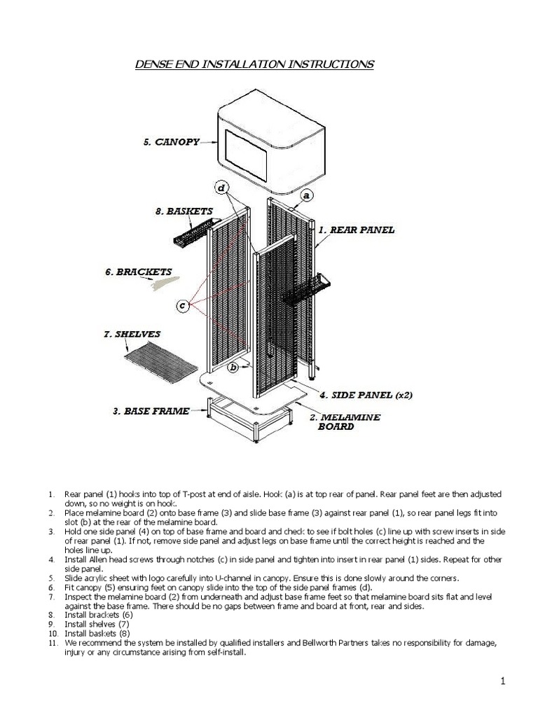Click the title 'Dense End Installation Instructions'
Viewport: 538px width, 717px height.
pos(254,64)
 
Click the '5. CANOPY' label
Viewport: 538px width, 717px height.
pos(171,141)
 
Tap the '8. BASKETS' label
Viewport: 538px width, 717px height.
pos(184,210)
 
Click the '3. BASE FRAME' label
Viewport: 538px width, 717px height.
pos(151,411)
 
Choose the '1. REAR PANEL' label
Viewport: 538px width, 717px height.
pos(356,229)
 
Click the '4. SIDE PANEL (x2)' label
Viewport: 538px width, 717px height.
pos(366,395)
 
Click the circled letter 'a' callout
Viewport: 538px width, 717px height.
pos(307,195)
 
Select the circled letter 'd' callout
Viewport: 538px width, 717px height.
pos(221,188)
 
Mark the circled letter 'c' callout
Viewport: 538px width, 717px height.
pos(182,306)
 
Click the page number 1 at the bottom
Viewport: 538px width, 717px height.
pos(503,681)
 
